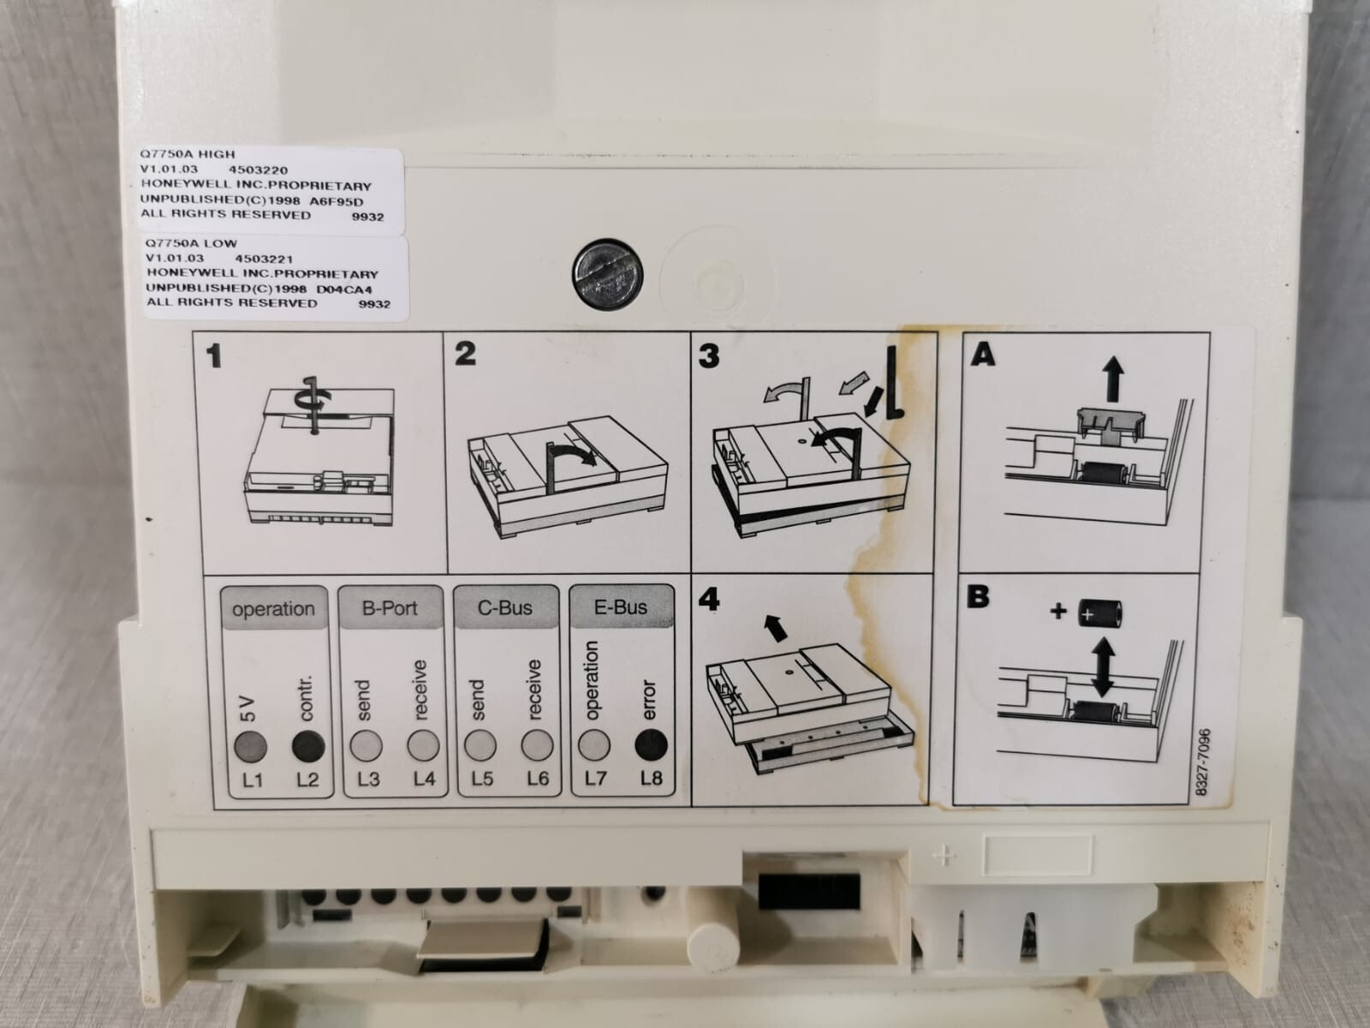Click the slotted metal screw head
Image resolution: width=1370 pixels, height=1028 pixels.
pos(607,275)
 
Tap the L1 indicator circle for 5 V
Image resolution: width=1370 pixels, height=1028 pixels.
pos(250,746)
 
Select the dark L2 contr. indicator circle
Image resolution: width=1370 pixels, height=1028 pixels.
pos(308,746)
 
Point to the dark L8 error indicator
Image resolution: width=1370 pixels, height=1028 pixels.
pos(651,745)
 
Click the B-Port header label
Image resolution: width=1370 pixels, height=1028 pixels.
pos(390,608)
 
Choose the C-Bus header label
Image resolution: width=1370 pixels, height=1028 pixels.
pos(505,607)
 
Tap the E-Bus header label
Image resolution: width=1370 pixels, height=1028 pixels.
pos(621,607)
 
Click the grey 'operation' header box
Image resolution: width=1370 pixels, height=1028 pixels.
pos(274,608)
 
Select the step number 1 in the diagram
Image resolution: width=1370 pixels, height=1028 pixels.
pos(214,356)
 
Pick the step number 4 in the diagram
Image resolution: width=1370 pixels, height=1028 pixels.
pos(709,600)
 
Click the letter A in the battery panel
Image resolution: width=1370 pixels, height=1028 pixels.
pos(982,356)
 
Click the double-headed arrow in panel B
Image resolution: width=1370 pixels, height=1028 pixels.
pos(1103,666)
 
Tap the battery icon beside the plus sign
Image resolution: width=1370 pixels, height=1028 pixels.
pos(1099,613)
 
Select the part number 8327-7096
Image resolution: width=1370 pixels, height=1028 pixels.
pos(1204,762)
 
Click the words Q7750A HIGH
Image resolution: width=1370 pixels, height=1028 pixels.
pos(188,154)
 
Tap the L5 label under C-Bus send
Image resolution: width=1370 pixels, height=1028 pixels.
pos(482,779)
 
